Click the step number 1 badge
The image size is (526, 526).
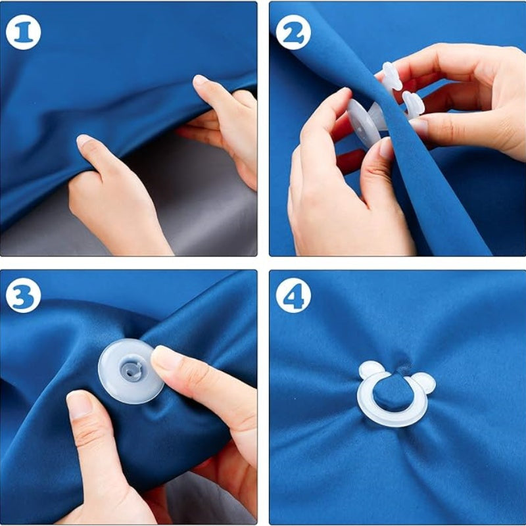coord(23,32)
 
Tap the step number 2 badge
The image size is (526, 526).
coord(293,32)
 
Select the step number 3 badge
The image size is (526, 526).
coord(23,295)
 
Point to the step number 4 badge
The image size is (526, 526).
coord(293,295)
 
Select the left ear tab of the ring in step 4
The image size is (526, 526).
coord(371,370)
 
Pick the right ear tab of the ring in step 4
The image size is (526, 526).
coord(423,383)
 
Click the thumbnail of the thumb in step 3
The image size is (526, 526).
coord(80,404)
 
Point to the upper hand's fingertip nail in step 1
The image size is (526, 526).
coord(201,80)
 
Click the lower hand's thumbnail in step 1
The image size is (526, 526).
coord(84,141)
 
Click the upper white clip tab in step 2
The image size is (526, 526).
coord(392,76)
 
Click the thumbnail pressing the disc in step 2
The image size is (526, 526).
coord(386,147)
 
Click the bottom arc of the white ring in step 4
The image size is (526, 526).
coord(392,420)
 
